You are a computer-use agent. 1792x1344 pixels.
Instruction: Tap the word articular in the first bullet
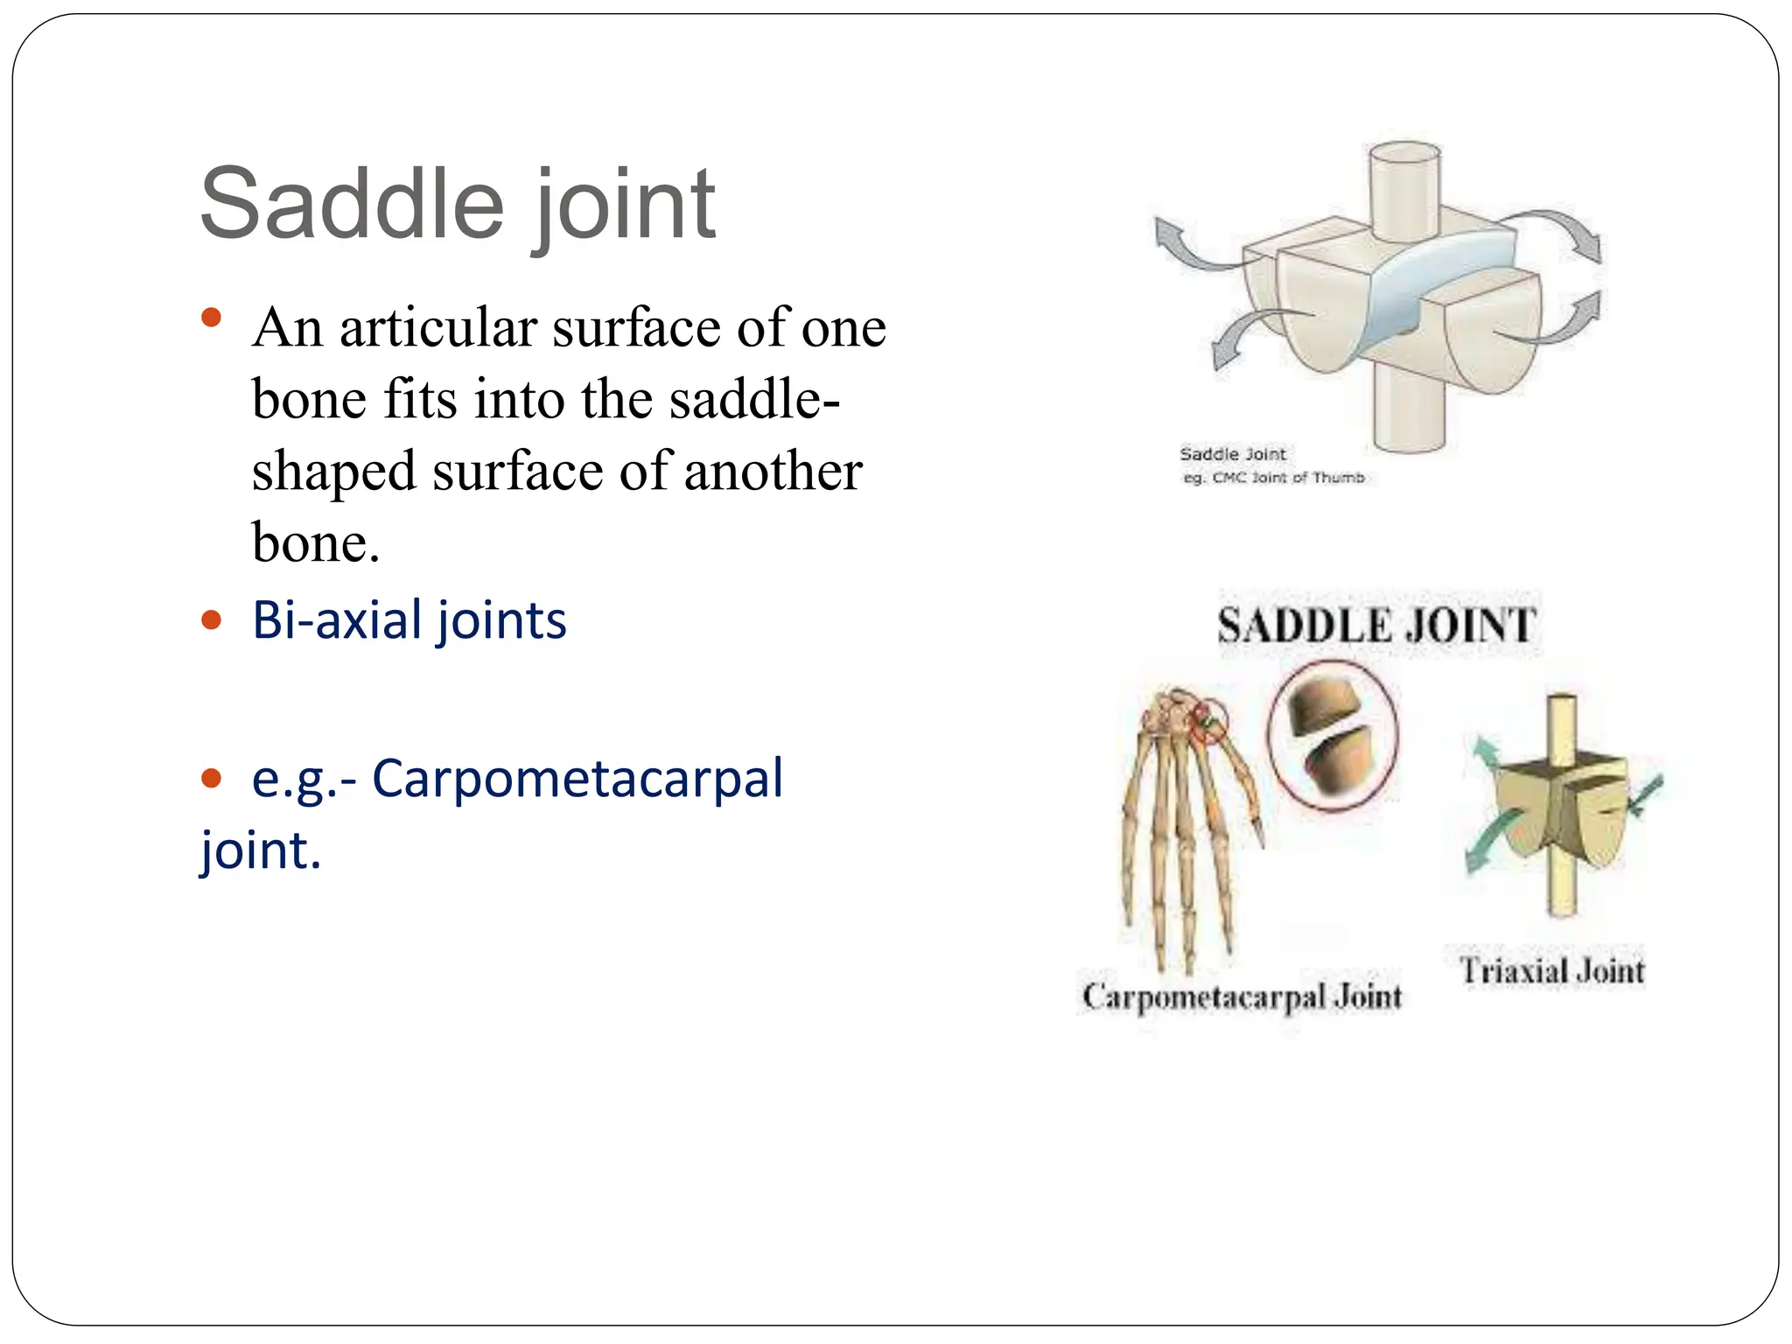tap(437, 328)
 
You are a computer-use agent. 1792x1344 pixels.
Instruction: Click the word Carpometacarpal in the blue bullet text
tap(577, 778)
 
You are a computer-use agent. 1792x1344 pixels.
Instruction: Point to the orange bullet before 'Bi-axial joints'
tap(211, 621)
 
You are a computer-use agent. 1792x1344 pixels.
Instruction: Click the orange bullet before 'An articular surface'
tap(211, 317)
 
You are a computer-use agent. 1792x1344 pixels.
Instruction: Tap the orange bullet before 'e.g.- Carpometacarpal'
tap(211, 778)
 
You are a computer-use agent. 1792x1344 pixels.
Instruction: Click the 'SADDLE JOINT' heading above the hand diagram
tap(1376, 626)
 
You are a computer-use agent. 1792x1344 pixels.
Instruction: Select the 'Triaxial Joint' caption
tap(1551, 970)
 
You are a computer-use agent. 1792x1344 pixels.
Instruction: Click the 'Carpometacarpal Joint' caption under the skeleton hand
tap(1242, 996)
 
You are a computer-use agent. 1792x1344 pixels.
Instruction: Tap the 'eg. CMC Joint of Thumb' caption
tap(1273, 478)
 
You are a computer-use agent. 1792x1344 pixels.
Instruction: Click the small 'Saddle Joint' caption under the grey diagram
tap(1232, 454)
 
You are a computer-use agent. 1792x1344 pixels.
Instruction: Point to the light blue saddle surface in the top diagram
tap(1435, 280)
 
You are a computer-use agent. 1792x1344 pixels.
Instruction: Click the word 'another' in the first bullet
tap(773, 472)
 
